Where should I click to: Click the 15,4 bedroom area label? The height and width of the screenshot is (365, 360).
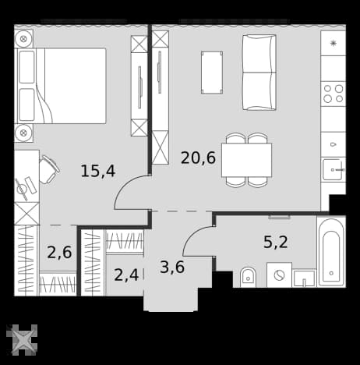click(98, 172)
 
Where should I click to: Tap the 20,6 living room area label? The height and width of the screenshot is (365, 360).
click(198, 158)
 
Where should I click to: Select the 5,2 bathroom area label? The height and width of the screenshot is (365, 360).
click(276, 242)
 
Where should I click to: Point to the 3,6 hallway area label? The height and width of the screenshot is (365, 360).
click(172, 267)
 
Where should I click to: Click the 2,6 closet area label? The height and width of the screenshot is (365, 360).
click(59, 253)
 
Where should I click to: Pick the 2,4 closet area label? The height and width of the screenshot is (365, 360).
click(126, 275)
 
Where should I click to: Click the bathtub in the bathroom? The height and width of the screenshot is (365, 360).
click(331, 252)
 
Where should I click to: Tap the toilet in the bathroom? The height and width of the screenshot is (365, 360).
click(248, 277)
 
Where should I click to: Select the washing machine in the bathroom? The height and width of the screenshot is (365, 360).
click(279, 275)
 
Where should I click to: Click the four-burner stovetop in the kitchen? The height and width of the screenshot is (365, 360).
click(334, 94)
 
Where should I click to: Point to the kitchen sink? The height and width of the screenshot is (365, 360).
click(334, 169)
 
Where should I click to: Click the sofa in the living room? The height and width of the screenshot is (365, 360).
click(259, 73)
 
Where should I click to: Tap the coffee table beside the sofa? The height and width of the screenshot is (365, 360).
click(212, 73)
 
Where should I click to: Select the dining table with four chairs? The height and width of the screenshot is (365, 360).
click(246, 160)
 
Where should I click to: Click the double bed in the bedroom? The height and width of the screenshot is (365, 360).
click(62, 86)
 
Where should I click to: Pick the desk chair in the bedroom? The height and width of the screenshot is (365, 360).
click(49, 169)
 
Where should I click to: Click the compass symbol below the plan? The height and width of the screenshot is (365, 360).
click(22, 339)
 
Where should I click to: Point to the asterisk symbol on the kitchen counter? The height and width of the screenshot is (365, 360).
click(334, 43)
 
